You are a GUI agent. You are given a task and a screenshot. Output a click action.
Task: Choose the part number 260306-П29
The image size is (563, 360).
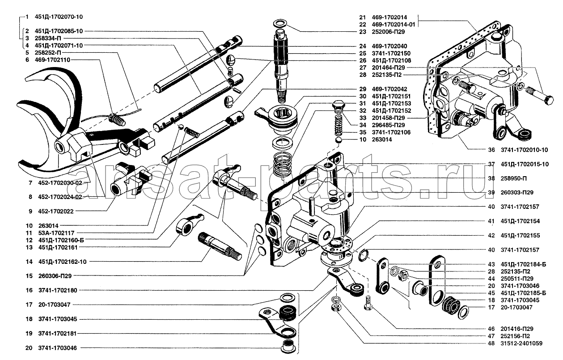[55, 275]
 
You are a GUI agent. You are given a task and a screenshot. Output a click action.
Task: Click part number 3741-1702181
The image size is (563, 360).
[57, 334]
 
